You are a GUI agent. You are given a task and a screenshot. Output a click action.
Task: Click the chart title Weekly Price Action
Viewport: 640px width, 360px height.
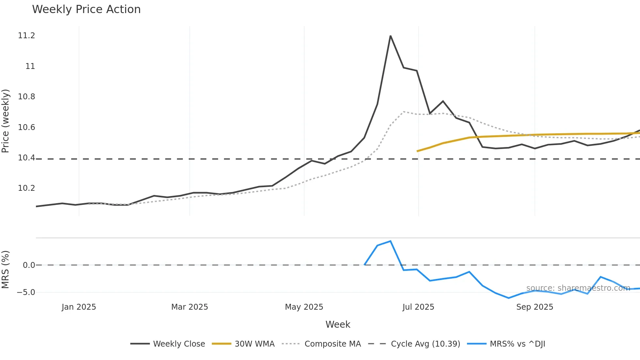[x=86, y=9]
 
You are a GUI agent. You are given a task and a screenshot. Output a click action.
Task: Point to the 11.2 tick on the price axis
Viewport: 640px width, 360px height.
[x=26, y=36]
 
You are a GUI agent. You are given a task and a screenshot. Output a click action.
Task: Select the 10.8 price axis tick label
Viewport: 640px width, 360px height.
[x=26, y=97]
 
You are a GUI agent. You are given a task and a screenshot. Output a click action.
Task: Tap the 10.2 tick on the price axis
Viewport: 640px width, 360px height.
[x=26, y=188]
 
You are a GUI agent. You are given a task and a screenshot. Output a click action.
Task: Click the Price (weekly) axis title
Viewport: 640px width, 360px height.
[x=6, y=121]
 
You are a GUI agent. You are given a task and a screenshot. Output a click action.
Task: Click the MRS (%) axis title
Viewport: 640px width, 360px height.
[x=6, y=270]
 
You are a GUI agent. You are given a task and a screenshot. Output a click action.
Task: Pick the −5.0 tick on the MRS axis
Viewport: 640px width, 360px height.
[x=26, y=292]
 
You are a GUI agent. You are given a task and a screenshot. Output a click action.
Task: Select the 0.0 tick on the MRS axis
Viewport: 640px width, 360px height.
[x=29, y=265]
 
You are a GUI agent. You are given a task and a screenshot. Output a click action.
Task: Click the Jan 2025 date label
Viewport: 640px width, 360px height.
[x=79, y=307]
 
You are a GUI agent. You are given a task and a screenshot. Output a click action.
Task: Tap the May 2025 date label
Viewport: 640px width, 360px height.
[x=304, y=307]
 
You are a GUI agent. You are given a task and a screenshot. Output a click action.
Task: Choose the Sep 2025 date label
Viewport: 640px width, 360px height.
[x=535, y=307]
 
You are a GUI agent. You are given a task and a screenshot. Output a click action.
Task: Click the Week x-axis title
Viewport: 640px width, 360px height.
[x=338, y=324]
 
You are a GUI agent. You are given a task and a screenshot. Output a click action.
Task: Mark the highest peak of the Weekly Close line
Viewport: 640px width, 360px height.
[x=391, y=36]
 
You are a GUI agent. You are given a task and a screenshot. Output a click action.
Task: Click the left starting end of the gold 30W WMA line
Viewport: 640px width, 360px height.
[x=417, y=151]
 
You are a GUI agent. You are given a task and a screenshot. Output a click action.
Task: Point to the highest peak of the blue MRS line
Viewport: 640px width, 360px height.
[x=391, y=241]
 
